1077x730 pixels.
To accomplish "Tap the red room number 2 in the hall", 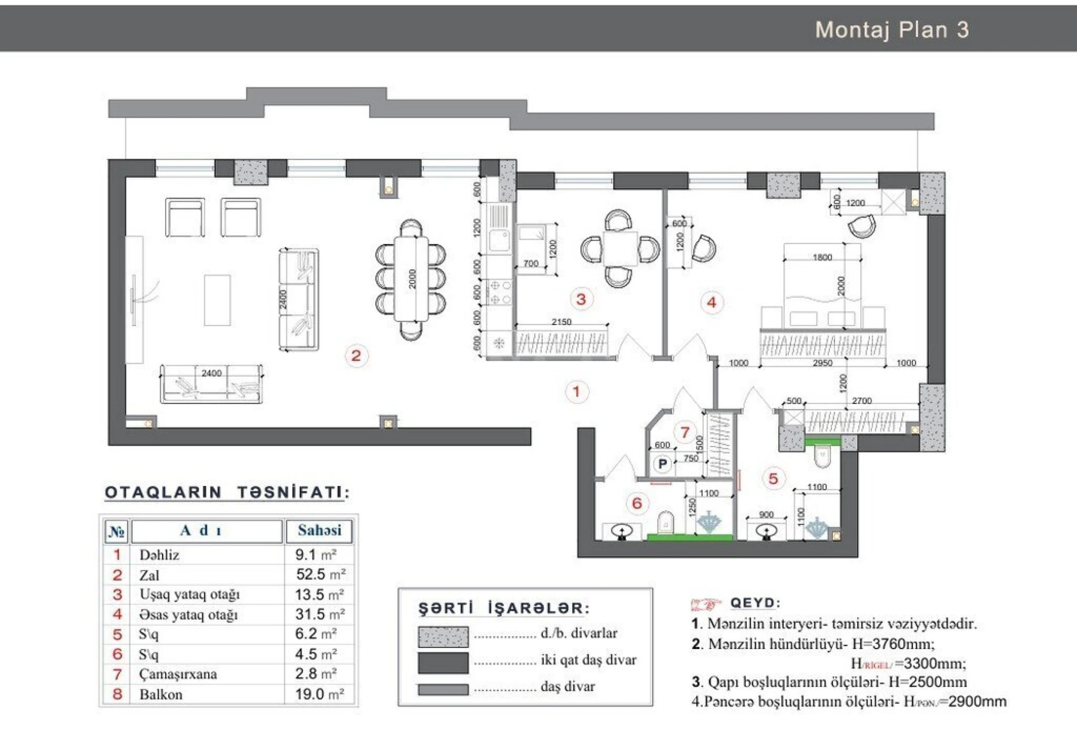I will pyautogui.click(x=356, y=356).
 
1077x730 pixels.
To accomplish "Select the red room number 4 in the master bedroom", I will pyautogui.click(x=712, y=302).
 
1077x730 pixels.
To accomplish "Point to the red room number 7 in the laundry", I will pyautogui.click(x=685, y=432).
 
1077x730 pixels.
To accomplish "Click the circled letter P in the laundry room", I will pyautogui.click(x=663, y=464).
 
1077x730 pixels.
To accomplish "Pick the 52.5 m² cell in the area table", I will pyautogui.click(x=320, y=574).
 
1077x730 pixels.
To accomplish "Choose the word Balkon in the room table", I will pyautogui.click(x=161, y=694).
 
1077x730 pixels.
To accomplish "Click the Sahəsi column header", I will pyautogui.click(x=319, y=530).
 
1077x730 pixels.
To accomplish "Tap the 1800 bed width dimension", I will pyautogui.click(x=822, y=257).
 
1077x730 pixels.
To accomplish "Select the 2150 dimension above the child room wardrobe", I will pyautogui.click(x=561, y=322).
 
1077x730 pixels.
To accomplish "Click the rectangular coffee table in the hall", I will pyautogui.click(x=217, y=300).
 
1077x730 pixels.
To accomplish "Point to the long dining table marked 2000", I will pyautogui.click(x=412, y=279).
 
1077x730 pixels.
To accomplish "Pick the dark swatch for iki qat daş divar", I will pyautogui.click(x=443, y=663).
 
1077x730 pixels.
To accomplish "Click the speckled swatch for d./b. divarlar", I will pyautogui.click(x=443, y=637).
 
